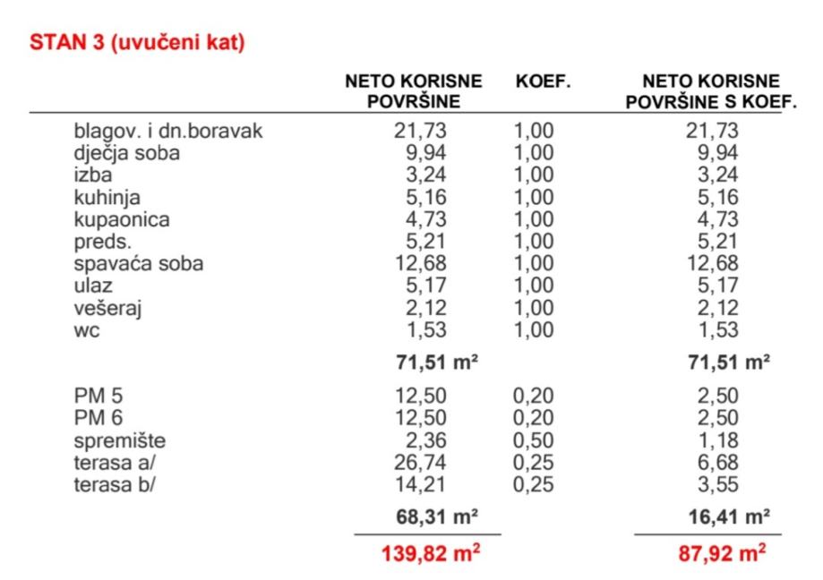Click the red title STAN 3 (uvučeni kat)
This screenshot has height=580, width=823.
137,42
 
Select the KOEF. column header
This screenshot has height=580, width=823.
543,81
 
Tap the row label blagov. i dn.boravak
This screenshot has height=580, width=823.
168,132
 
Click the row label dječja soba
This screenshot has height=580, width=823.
126,153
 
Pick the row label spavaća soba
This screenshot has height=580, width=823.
138,264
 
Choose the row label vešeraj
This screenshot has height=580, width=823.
108,309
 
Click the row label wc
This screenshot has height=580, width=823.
87,331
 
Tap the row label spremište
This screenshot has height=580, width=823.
119,441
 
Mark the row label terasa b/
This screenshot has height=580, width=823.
117,485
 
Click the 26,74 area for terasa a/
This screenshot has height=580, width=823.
420,463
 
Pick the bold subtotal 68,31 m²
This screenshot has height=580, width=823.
436,516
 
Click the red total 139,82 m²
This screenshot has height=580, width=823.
432,552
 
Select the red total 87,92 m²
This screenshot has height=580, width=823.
722,552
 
